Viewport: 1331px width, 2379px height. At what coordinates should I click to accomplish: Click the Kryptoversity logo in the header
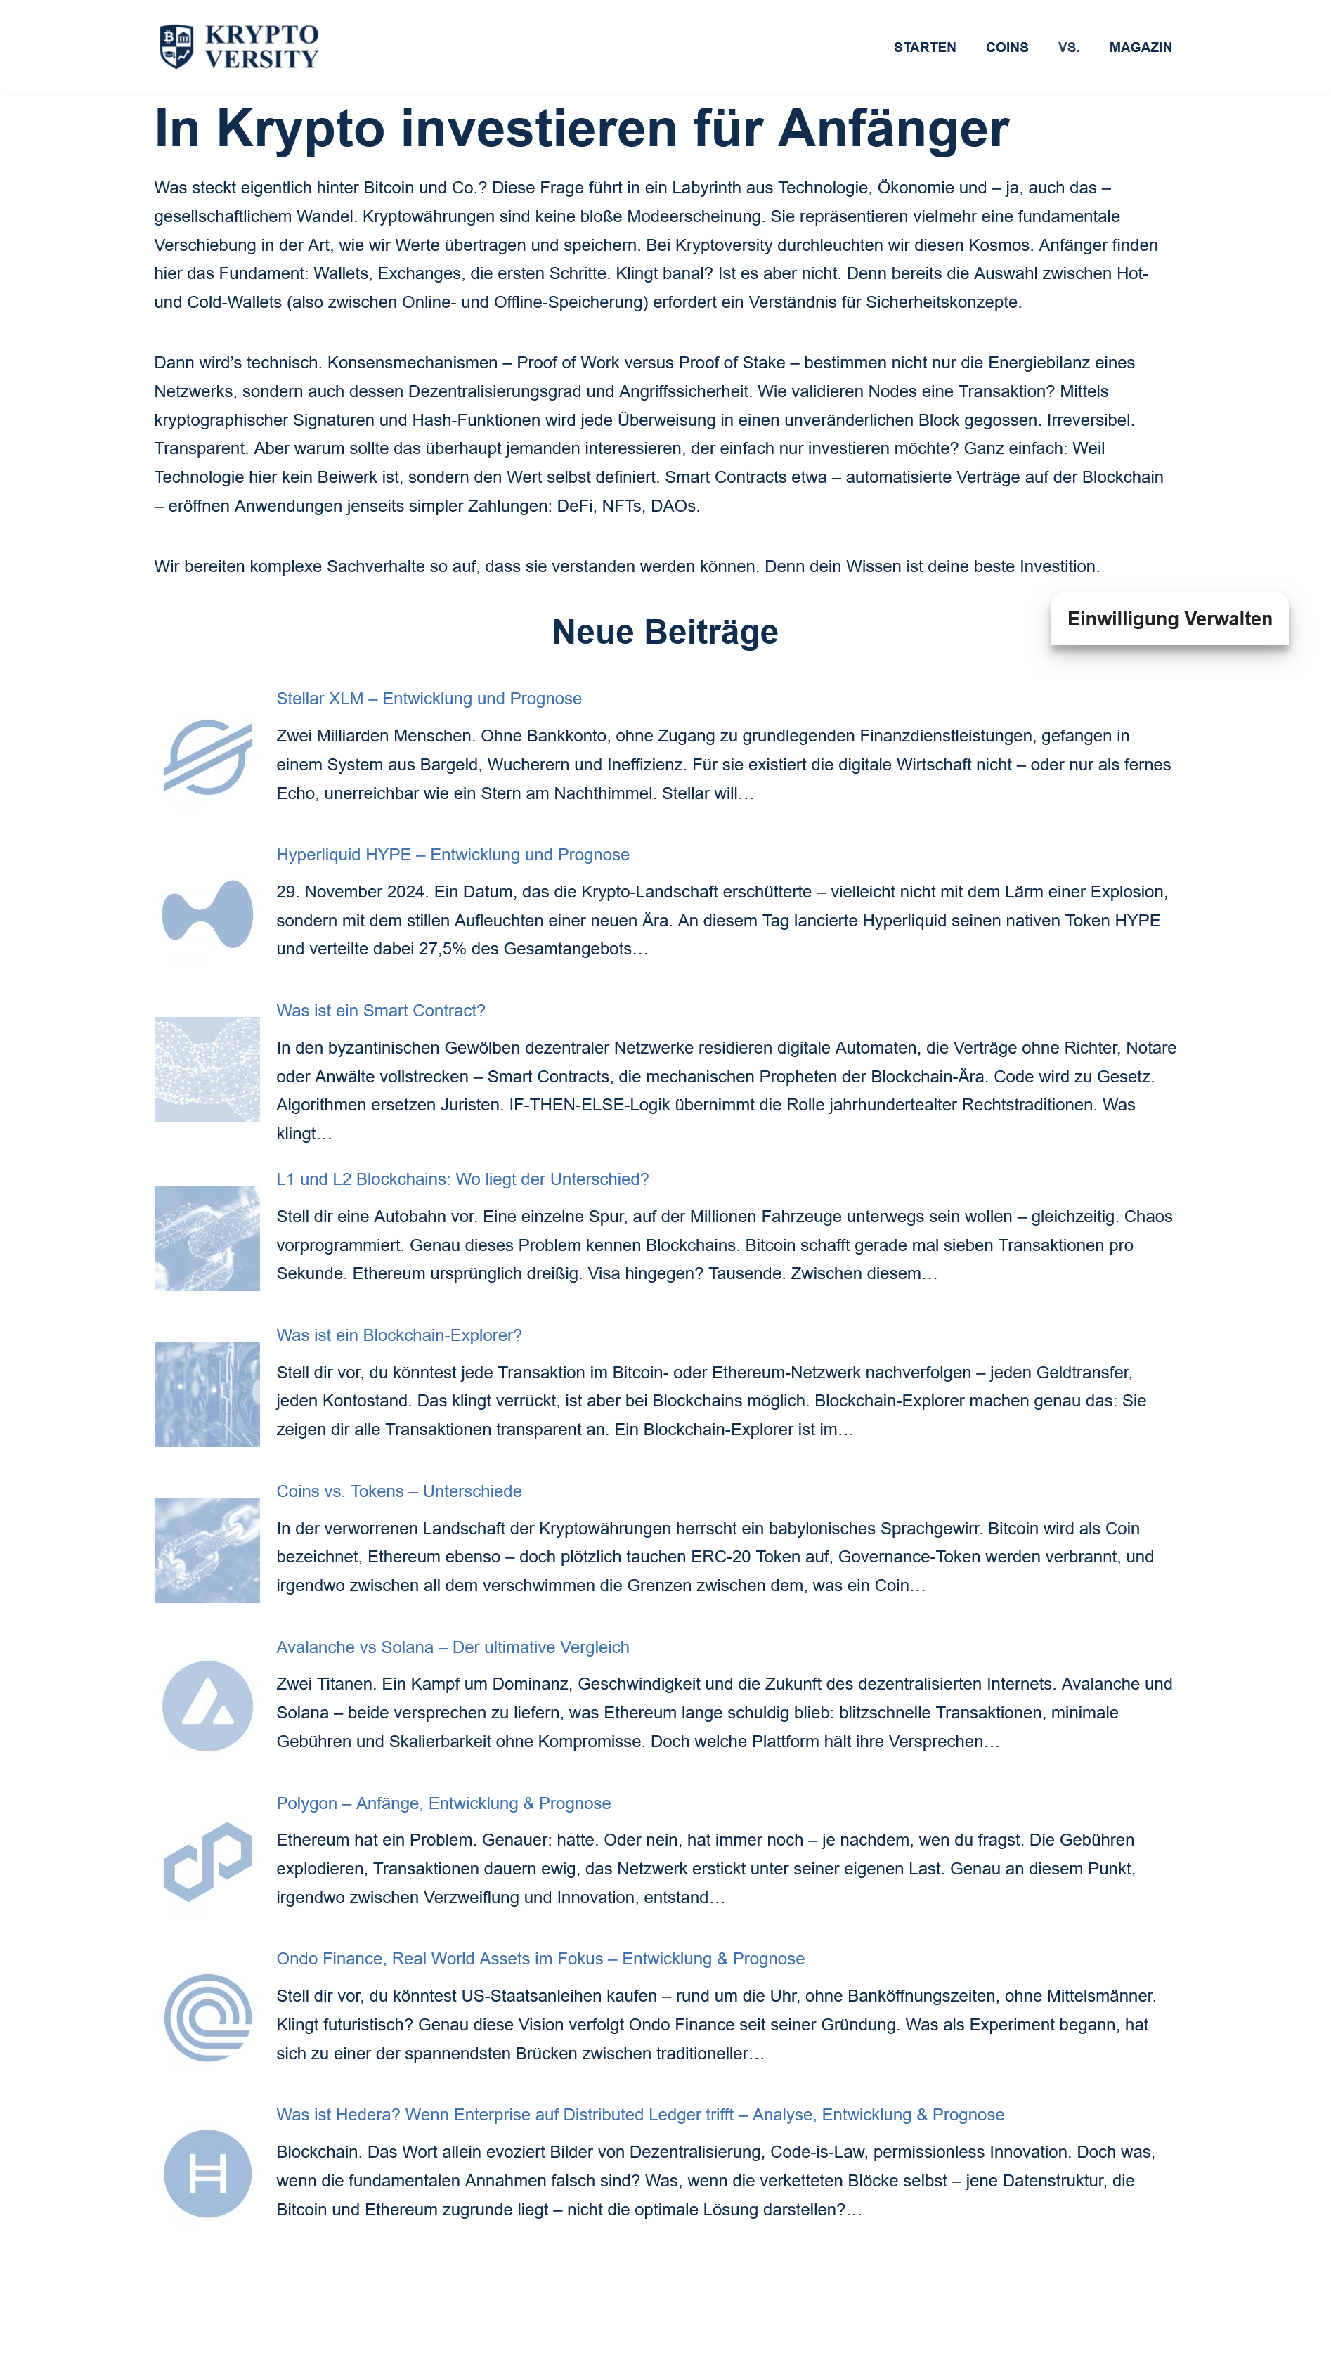click(238, 46)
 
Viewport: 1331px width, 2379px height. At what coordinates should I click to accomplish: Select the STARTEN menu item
click(923, 47)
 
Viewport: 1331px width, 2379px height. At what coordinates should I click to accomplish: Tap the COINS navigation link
click(1006, 47)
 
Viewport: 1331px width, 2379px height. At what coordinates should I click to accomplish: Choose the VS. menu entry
click(1067, 47)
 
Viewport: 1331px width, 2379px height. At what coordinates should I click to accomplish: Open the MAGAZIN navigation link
click(1140, 47)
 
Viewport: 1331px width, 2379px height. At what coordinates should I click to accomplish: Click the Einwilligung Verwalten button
click(1169, 618)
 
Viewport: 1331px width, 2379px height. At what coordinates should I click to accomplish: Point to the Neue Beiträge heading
click(665, 633)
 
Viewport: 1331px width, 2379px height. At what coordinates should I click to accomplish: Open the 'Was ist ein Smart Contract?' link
click(381, 1011)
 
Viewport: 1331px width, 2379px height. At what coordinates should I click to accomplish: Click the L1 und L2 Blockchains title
click(462, 1179)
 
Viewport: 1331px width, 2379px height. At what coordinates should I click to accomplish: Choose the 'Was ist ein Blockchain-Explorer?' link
click(399, 1335)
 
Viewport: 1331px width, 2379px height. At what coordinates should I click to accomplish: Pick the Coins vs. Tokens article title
click(399, 1491)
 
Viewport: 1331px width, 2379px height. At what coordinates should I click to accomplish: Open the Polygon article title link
click(443, 1803)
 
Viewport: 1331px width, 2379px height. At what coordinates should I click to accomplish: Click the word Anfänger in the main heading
click(893, 129)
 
